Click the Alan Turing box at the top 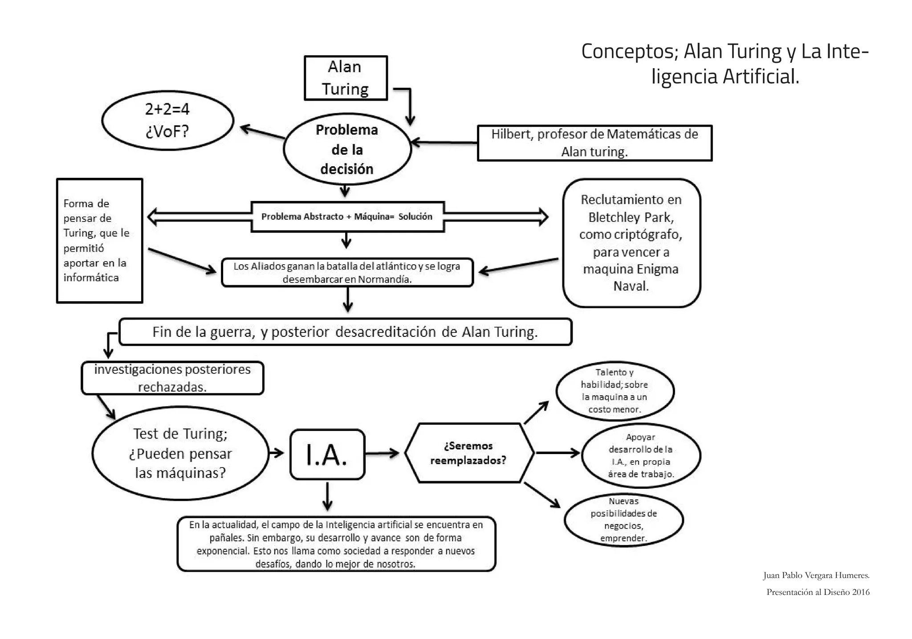346,78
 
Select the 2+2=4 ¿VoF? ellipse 167,120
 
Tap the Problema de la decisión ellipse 347,149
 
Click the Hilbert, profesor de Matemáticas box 594,143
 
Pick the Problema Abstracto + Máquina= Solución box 347,217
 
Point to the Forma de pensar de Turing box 99,241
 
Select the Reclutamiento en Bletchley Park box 631,243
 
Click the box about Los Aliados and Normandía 347,273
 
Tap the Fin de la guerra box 345,332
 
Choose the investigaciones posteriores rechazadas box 172,378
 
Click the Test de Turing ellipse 180,453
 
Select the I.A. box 327,455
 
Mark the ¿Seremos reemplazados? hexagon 468,453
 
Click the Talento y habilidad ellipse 615,391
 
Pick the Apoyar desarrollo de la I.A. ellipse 641,455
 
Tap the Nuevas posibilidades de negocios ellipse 623,520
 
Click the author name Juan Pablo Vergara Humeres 816,575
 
